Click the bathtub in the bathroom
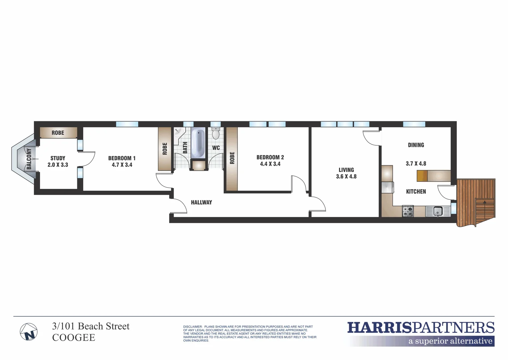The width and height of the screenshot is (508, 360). [x=198, y=144]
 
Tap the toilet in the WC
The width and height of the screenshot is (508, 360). [x=216, y=133]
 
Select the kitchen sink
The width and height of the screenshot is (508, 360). [x=438, y=211]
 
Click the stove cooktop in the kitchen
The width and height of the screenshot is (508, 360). [x=408, y=211]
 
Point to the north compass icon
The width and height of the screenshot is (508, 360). [x=29, y=332]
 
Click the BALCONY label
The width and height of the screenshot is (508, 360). [x=29, y=159]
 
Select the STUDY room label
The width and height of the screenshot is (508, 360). [x=58, y=158]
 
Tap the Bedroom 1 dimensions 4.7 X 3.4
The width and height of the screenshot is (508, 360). [x=122, y=165]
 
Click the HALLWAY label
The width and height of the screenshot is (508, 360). [x=201, y=202]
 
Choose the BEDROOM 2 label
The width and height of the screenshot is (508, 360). [x=270, y=157]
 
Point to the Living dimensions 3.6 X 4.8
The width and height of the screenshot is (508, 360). [x=346, y=177]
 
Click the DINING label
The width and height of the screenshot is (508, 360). [x=416, y=145]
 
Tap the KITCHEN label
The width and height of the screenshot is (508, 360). [x=416, y=192]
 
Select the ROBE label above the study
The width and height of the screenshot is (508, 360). [x=58, y=133]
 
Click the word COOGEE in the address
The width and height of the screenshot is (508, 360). [x=74, y=338]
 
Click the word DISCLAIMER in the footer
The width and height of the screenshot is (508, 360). [x=193, y=327]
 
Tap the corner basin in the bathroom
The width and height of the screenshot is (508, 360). [x=178, y=132]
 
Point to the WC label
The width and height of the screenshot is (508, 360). [x=216, y=148]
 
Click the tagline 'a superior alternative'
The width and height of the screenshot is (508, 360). [x=450, y=341]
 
